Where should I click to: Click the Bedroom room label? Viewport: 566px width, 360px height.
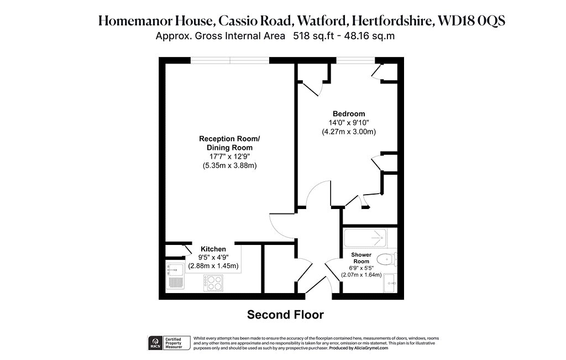[349, 114]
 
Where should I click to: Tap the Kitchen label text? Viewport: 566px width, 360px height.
[213, 249]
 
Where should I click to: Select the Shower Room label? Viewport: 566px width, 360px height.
[361, 258]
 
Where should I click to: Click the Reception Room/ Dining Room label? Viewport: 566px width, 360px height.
[229, 143]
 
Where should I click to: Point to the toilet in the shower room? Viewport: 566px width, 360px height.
[386, 259]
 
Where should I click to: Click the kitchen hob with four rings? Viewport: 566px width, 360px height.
[213, 283]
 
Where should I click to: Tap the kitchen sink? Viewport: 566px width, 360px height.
[175, 276]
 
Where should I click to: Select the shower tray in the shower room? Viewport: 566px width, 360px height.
[365, 238]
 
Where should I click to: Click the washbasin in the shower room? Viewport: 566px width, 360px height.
[390, 283]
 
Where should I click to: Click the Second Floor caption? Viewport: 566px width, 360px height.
[285, 315]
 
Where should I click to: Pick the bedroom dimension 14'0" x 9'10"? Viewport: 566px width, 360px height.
[349, 123]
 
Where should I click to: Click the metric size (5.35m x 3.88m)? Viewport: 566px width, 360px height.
[229, 166]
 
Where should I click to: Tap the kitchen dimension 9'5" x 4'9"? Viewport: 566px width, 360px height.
[213, 258]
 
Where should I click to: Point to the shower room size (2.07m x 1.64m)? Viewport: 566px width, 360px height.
[361, 275]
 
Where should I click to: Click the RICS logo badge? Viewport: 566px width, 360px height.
[155, 343]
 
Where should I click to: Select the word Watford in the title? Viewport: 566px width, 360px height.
[321, 21]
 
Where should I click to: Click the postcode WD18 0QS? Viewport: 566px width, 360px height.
[471, 21]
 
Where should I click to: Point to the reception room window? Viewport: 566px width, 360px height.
[230, 60]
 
